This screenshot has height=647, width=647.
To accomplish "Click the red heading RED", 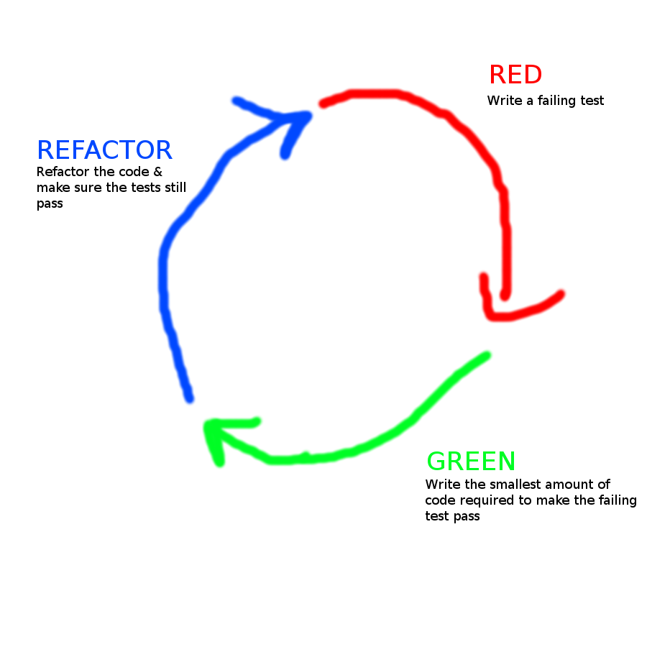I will click(x=515, y=75).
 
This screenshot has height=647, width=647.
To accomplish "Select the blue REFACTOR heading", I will click(x=104, y=150).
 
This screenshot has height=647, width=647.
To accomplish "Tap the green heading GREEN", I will click(x=471, y=461).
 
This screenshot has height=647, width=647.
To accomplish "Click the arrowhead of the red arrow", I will click(x=495, y=313).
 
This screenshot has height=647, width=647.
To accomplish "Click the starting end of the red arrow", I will click(x=324, y=104).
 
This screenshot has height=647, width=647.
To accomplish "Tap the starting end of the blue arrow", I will click(x=189, y=398).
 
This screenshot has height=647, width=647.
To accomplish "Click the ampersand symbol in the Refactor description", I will click(x=158, y=173).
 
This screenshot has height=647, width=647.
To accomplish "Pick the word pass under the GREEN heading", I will click(x=467, y=516).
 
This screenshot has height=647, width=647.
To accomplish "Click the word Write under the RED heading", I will click(x=503, y=101).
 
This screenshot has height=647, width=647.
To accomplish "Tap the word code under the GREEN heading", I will click(x=439, y=500).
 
